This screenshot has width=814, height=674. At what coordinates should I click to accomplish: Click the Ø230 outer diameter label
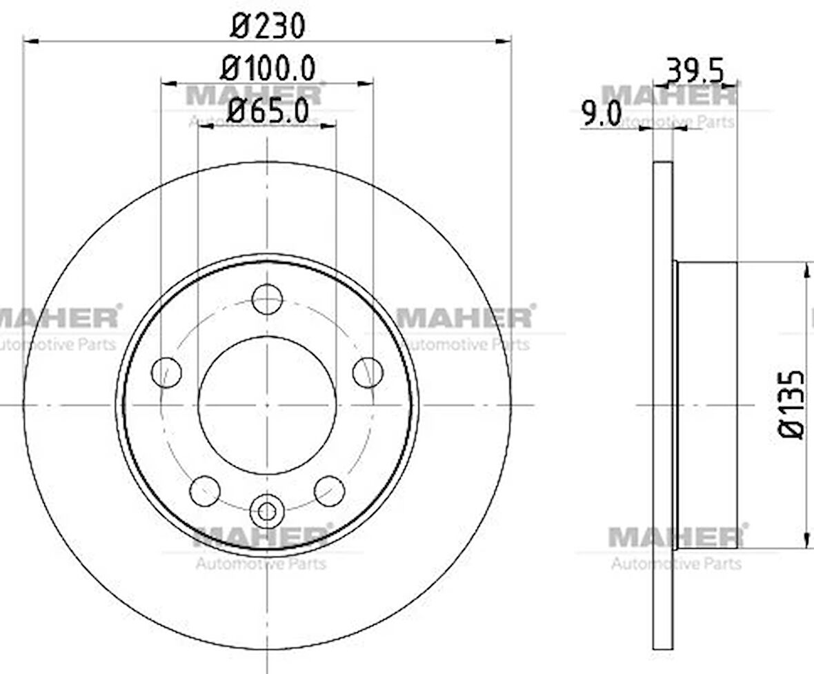coord(268,26)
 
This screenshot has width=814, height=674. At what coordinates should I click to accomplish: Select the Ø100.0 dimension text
coord(268,68)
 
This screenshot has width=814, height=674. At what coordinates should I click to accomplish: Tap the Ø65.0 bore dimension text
coord(268,110)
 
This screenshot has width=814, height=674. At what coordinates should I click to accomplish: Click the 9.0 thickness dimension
coord(601,114)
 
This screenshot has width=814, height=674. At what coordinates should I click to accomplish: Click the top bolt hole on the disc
coord(267,299)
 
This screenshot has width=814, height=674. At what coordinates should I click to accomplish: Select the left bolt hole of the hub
coord(167,372)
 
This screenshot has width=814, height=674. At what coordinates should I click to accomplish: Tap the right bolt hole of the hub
coord(368,373)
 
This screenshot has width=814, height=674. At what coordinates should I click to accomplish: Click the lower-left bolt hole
coord(205,490)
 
